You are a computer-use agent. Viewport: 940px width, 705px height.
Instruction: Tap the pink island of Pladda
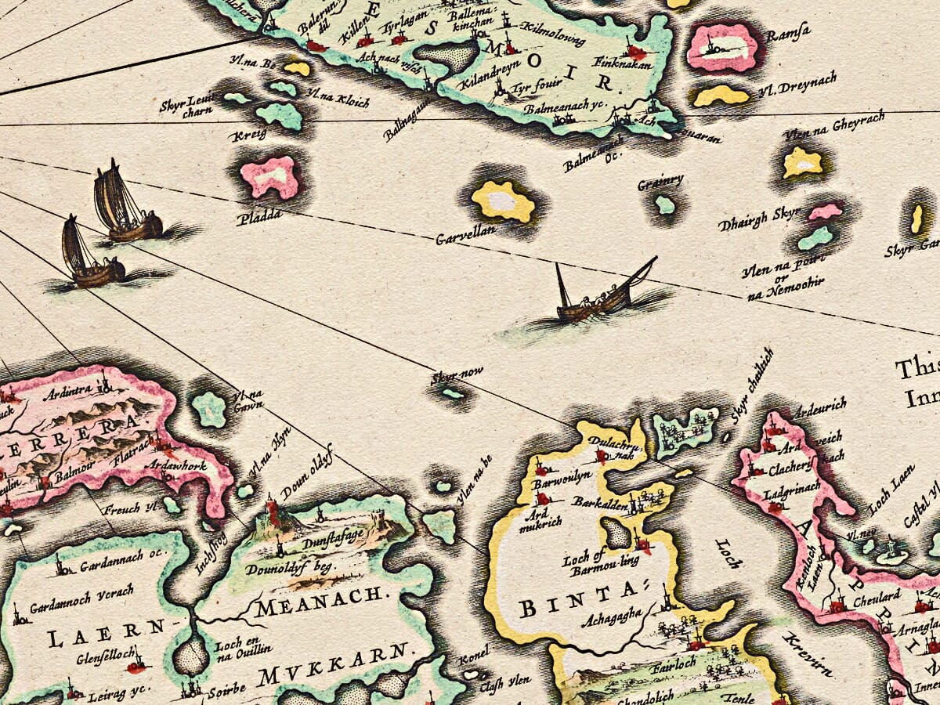coord(271,176)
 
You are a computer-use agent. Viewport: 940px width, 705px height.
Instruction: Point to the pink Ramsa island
coord(721,47)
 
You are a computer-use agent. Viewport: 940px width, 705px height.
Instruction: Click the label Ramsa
coord(788,33)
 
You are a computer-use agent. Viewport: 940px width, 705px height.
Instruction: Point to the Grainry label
coord(660,183)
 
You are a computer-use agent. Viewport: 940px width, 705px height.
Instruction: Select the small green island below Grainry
coord(665,205)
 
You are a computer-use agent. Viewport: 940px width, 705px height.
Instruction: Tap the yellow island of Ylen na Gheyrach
coord(803,162)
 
